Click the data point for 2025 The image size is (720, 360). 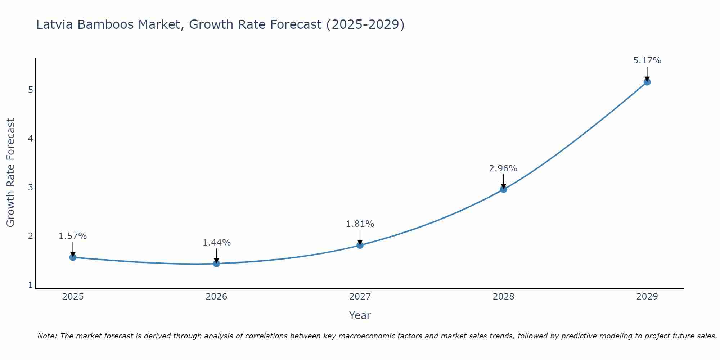tap(73, 257)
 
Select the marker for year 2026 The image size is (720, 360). tap(216, 264)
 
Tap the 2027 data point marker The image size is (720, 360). tap(360, 245)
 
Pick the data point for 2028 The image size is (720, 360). tap(503, 189)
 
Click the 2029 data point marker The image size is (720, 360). tap(647, 82)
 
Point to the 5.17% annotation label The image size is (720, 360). tap(647, 60)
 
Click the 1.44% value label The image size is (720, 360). tap(216, 243)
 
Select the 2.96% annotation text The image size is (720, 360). tap(503, 168)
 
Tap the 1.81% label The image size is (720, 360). tap(360, 224)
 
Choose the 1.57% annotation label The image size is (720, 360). tap(73, 236)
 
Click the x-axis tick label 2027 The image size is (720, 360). tap(360, 297)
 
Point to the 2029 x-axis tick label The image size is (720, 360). tap(647, 297)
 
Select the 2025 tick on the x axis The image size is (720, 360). tap(73, 297)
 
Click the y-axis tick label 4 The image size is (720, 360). tap(30, 139)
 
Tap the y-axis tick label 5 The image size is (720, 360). tap(30, 90)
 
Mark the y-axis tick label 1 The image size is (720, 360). tap(30, 285)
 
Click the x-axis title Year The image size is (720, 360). tap(360, 315)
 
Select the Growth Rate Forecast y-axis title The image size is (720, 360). tap(11, 173)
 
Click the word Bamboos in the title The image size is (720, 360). tap(105, 24)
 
